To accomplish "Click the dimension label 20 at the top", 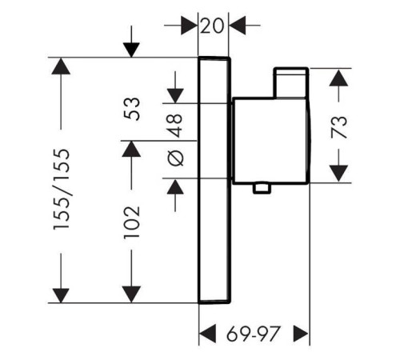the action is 212,26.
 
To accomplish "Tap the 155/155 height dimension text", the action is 62,190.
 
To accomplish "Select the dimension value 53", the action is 132,109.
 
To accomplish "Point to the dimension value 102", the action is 132,222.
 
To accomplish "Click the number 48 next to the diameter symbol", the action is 176,126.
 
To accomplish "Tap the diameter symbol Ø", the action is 176,158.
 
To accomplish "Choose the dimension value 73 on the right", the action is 338,127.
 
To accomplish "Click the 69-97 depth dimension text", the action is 254,334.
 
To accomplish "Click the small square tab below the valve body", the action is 262,188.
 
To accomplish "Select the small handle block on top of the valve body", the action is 291,83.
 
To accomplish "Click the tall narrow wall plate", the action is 214,180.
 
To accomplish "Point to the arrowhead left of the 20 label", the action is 190,26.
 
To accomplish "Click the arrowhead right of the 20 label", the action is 238,26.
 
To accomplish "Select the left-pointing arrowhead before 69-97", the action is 208,334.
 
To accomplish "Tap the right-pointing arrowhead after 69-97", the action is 301,334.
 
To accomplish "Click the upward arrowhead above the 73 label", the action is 338,78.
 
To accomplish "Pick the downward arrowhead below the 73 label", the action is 338,174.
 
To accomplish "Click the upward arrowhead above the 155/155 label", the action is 61,66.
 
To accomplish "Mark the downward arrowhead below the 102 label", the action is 131,294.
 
